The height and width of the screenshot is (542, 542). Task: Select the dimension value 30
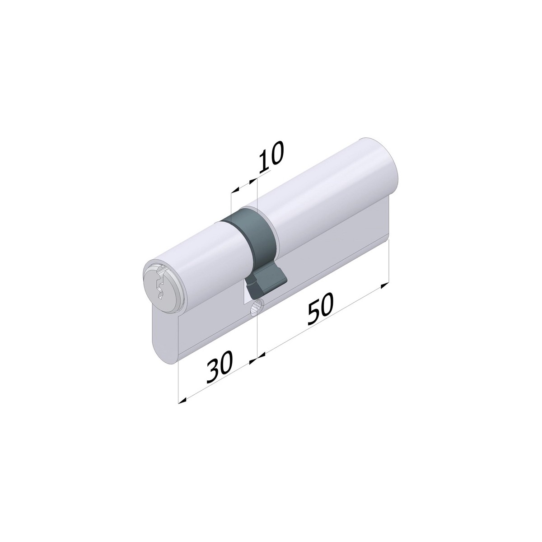tap(220, 367)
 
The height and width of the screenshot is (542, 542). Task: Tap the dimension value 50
tap(320, 309)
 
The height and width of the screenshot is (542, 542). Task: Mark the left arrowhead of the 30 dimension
tap(183, 400)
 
